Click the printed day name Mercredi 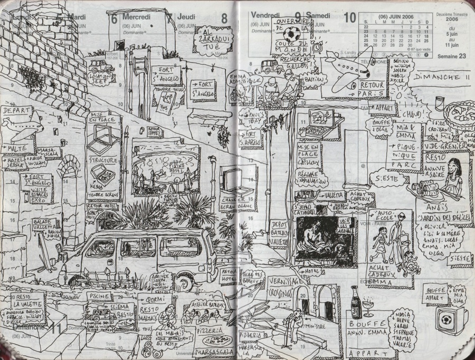(x=137, y=17)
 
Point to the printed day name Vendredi (x=265, y=14)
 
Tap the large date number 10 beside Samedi (x=349, y=17)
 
